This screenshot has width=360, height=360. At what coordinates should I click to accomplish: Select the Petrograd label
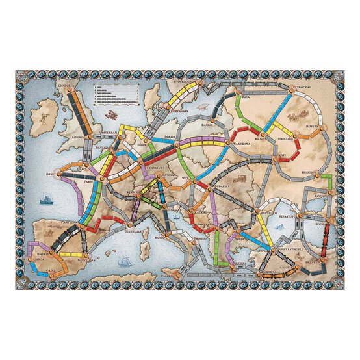point(301,84)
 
